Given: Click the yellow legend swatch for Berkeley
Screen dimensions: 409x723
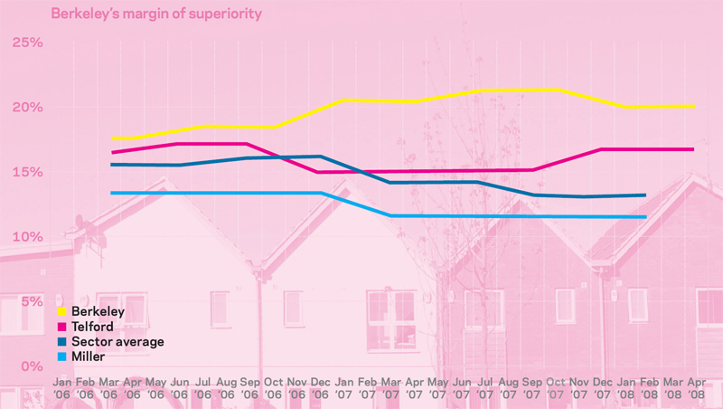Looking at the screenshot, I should pyautogui.click(x=62, y=311).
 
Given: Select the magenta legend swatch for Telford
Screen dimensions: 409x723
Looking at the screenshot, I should pyautogui.click(x=62, y=327).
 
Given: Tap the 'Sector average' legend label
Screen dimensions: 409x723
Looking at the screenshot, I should pyautogui.click(x=117, y=342).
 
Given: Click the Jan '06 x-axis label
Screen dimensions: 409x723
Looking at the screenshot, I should pyautogui.click(x=62, y=390).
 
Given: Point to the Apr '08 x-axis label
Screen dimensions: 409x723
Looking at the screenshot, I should pyautogui.click(x=696, y=390).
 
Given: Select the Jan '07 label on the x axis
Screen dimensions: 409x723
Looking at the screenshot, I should pyautogui.click(x=344, y=390).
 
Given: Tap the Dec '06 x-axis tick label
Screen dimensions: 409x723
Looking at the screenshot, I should pyautogui.click(x=321, y=390).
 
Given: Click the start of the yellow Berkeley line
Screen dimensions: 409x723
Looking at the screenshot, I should pyautogui.click(x=113, y=138).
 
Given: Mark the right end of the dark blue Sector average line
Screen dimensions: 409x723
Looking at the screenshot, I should pyautogui.click(x=644, y=195).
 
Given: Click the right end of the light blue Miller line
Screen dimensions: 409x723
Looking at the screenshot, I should pyautogui.click(x=645, y=217).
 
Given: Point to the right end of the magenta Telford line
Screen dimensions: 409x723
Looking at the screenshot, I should pyautogui.click(x=693, y=149).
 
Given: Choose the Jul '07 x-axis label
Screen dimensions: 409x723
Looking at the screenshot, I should pyautogui.click(x=485, y=390).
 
